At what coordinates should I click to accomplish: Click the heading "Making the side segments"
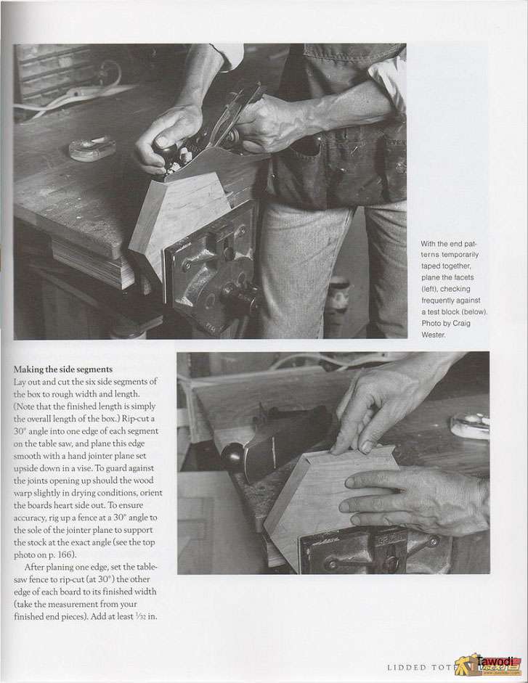[x=62, y=369]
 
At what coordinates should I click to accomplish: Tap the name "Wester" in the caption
[x=434, y=335]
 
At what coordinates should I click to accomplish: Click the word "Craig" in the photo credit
[x=461, y=323]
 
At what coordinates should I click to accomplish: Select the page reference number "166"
[x=67, y=555]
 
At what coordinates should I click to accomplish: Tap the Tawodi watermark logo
[x=488, y=664]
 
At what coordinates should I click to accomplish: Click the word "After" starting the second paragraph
[x=34, y=567]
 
